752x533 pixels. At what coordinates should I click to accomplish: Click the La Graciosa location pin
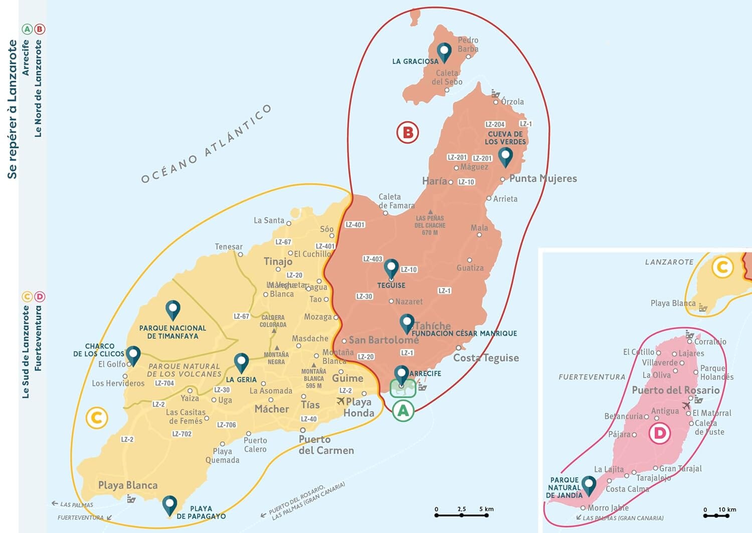point(444,51)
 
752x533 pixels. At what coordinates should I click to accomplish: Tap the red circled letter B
point(408,132)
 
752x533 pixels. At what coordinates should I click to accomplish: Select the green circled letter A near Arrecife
point(403,411)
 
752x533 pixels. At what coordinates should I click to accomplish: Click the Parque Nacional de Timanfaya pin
point(173,310)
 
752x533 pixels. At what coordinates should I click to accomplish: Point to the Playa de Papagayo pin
point(170,505)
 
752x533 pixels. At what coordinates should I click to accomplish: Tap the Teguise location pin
point(391,269)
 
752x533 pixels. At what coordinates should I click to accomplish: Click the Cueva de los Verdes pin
point(505,156)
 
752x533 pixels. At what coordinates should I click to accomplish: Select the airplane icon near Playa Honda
point(341,401)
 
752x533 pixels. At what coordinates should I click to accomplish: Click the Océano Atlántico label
point(206,145)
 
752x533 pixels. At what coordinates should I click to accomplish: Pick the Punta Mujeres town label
point(542,179)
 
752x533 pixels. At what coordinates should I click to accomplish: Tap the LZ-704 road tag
point(164,383)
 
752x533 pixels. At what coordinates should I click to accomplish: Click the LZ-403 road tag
point(372,259)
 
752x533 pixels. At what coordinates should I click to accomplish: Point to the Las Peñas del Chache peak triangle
point(430,212)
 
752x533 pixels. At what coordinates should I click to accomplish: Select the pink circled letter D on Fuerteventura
point(660,433)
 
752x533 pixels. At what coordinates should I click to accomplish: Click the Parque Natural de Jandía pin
point(589,485)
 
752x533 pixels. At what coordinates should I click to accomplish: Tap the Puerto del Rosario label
point(675,390)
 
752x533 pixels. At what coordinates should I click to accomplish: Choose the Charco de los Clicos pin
point(133,355)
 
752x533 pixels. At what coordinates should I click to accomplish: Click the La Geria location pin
point(242,362)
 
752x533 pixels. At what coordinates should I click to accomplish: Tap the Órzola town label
point(512,102)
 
